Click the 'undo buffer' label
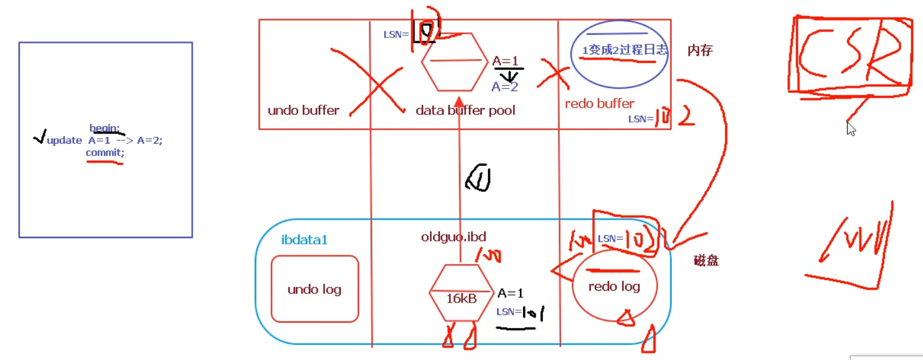[303, 111]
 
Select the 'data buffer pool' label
[465, 111]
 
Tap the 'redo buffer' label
[599, 104]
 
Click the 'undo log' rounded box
[315, 289]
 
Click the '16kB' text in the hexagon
[461, 298]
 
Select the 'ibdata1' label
[304, 240]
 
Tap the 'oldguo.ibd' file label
[453, 237]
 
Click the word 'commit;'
[105, 153]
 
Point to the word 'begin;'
[104, 128]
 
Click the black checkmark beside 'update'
[40, 137]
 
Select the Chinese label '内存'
[700, 50]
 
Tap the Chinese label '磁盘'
[706, 261]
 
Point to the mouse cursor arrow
[850, 128]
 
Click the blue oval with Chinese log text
[619, 54]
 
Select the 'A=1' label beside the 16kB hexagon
[510, 293]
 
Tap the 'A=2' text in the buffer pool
[504, 87]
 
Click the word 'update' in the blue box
[65, 140]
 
